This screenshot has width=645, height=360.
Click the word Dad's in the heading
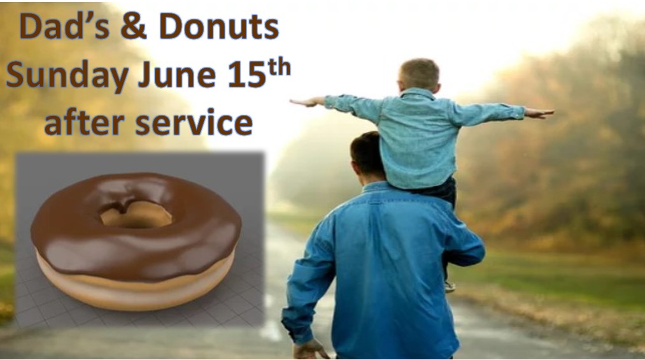[64, 26]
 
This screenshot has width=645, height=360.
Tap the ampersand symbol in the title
[134, 26]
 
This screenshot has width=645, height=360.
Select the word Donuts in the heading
[219, 26]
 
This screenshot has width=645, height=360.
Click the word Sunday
[67, 76]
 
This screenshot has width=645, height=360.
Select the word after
[84, 122]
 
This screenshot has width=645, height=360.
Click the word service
[194, 122]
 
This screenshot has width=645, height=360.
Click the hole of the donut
[136, 214]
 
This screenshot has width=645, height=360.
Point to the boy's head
[419, 75]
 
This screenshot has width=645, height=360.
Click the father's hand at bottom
[309, 350]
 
